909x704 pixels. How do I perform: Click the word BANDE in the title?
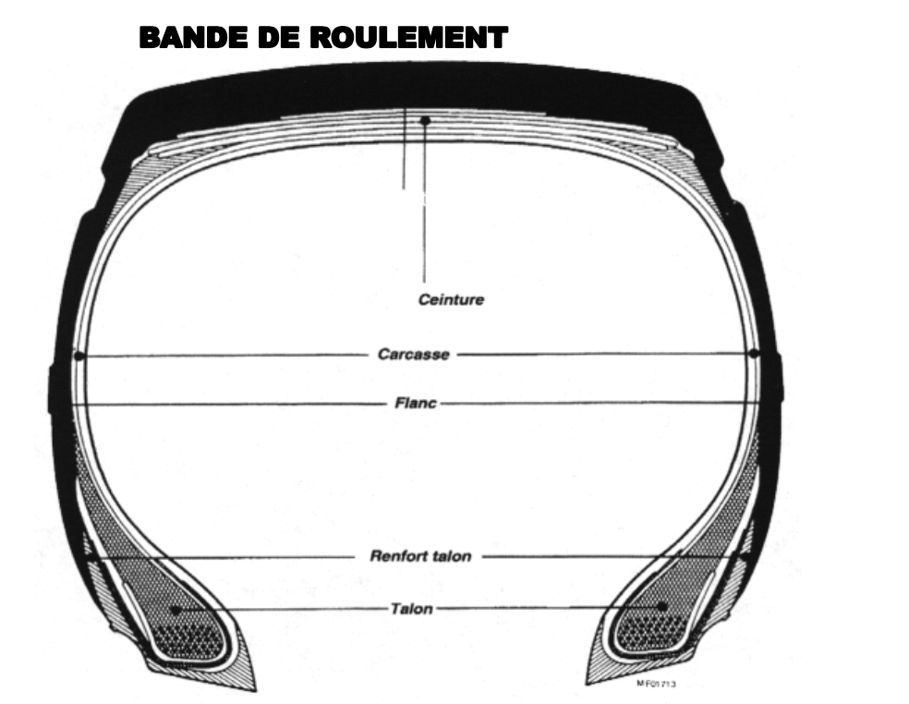186,38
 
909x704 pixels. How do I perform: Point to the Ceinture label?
451,300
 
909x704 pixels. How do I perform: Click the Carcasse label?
413,355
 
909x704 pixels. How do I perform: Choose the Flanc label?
414,403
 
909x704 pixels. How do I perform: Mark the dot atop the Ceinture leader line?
425,121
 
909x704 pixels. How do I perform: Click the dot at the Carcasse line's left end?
79,355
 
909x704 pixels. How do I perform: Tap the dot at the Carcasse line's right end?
754,354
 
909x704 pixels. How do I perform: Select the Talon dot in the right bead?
662,606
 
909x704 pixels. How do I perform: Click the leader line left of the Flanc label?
231,404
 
